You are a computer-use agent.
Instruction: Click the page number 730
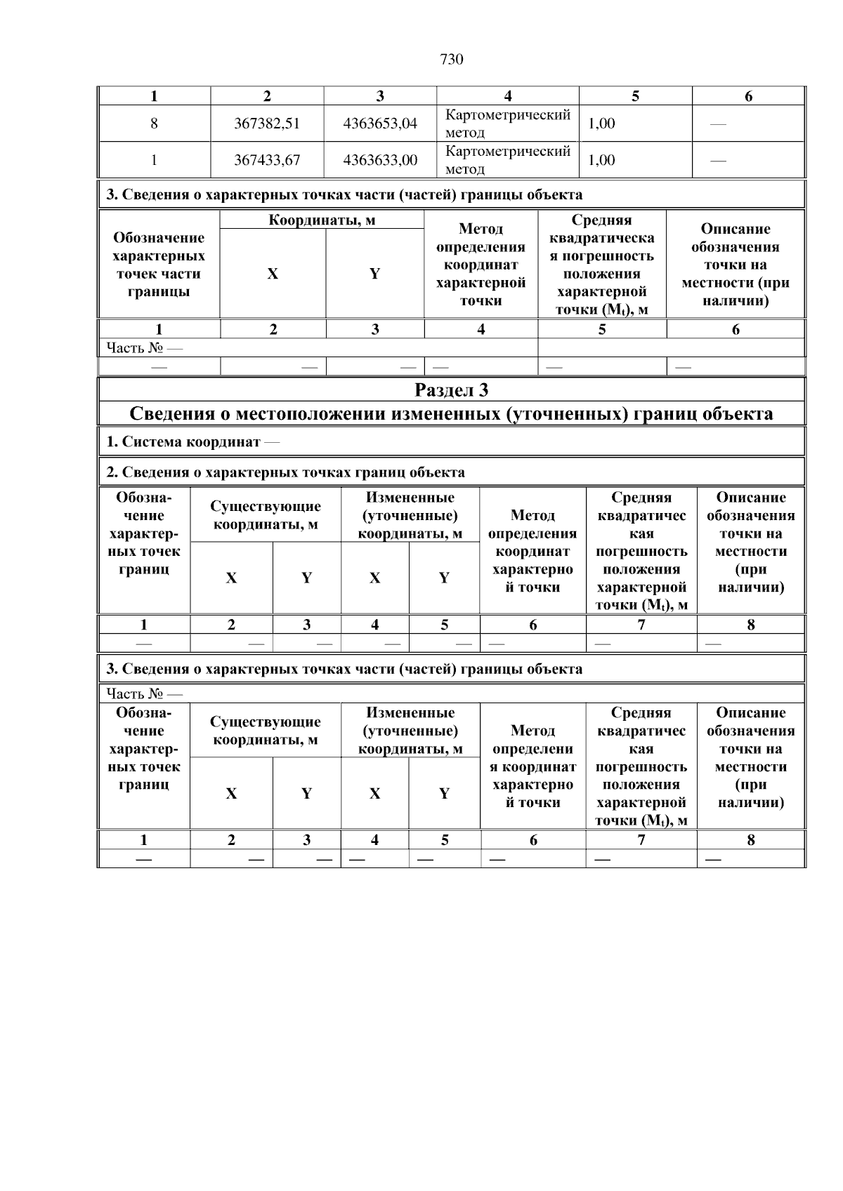451,60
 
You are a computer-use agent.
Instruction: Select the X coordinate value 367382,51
267,124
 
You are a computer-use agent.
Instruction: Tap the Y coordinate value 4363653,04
380,124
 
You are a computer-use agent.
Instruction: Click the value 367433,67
267,160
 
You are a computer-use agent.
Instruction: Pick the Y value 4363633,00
380,160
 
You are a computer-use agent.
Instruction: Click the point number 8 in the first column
154,124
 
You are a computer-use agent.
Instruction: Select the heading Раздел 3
451,390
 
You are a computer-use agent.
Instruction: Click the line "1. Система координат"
192,442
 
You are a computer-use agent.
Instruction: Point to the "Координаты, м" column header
322,220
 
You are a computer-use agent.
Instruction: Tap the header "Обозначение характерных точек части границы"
159,265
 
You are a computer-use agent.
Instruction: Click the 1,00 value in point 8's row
601,124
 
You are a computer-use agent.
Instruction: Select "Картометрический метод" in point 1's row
508,160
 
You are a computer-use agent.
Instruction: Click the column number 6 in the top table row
748,97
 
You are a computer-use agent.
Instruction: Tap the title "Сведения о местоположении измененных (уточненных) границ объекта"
451,414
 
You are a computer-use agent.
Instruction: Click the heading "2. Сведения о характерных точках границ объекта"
285,472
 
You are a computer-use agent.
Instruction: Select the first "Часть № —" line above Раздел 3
144,348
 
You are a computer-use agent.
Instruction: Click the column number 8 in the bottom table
750,840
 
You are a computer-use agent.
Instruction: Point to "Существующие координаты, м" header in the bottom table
266,731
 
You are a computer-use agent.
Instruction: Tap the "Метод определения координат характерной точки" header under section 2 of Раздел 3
532,551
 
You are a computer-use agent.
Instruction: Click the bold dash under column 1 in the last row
144,859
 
